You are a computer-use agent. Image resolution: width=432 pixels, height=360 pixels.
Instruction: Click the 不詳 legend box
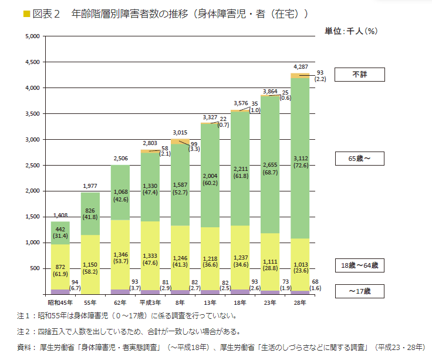359,75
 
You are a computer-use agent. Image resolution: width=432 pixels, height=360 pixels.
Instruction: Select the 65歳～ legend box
359,159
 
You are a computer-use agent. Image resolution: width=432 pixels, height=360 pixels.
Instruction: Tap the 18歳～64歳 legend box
359,265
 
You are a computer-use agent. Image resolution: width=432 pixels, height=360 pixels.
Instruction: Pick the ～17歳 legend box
359,291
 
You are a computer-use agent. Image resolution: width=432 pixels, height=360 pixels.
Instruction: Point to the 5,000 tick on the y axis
31,36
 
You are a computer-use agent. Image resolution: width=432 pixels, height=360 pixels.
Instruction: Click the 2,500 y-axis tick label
31,165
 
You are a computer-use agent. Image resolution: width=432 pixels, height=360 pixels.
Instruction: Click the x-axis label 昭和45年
59,302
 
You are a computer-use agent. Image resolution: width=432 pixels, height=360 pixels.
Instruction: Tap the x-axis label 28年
300,302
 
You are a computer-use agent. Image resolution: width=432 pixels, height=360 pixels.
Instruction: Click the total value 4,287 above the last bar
300,66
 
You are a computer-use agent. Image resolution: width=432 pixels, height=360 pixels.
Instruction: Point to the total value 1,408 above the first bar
60,215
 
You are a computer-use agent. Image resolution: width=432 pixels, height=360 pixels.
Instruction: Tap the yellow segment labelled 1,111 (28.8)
270,262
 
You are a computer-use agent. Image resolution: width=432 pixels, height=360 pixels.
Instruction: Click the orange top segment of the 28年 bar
300,75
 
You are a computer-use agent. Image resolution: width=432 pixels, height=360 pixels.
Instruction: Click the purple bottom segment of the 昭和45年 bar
60,291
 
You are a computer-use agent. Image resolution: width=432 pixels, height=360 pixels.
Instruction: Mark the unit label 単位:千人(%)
350,31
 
